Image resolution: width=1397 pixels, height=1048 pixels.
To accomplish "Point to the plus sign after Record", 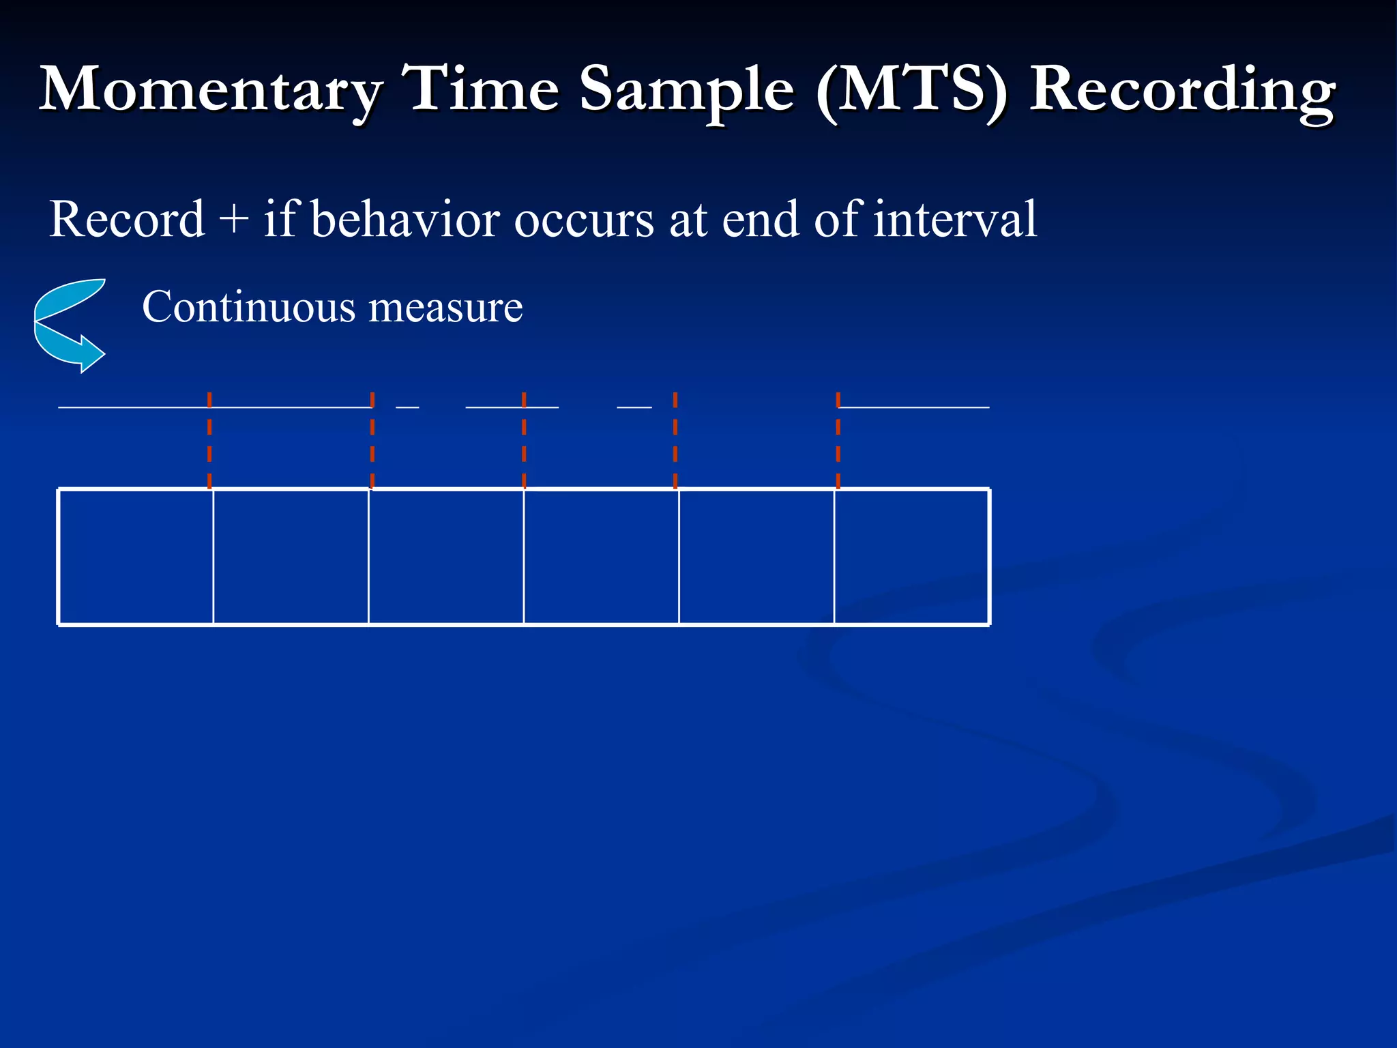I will point(234,220).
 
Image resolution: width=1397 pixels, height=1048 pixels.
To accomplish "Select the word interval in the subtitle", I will point(954,220).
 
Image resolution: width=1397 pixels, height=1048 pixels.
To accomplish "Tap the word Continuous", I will point(249,307).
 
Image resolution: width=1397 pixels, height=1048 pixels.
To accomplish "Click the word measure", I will point(445,307).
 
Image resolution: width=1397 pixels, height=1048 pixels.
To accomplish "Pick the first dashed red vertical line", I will point(209,440).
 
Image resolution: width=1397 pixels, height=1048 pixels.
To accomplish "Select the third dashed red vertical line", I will point(524,440).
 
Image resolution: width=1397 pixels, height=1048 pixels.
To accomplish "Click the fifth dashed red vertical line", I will point(838,440).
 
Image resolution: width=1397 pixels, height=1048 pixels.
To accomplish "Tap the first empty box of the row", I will point(136,557).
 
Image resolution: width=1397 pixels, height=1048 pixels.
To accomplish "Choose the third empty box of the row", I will point(446,557).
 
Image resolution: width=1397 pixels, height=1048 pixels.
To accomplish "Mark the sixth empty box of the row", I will point(911,557).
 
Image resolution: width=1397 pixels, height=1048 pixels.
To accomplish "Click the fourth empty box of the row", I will point(601,557).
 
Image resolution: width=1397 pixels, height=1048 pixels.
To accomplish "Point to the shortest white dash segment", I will point(407,407).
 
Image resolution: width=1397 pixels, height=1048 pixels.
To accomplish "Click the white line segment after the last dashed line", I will point(914,407).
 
